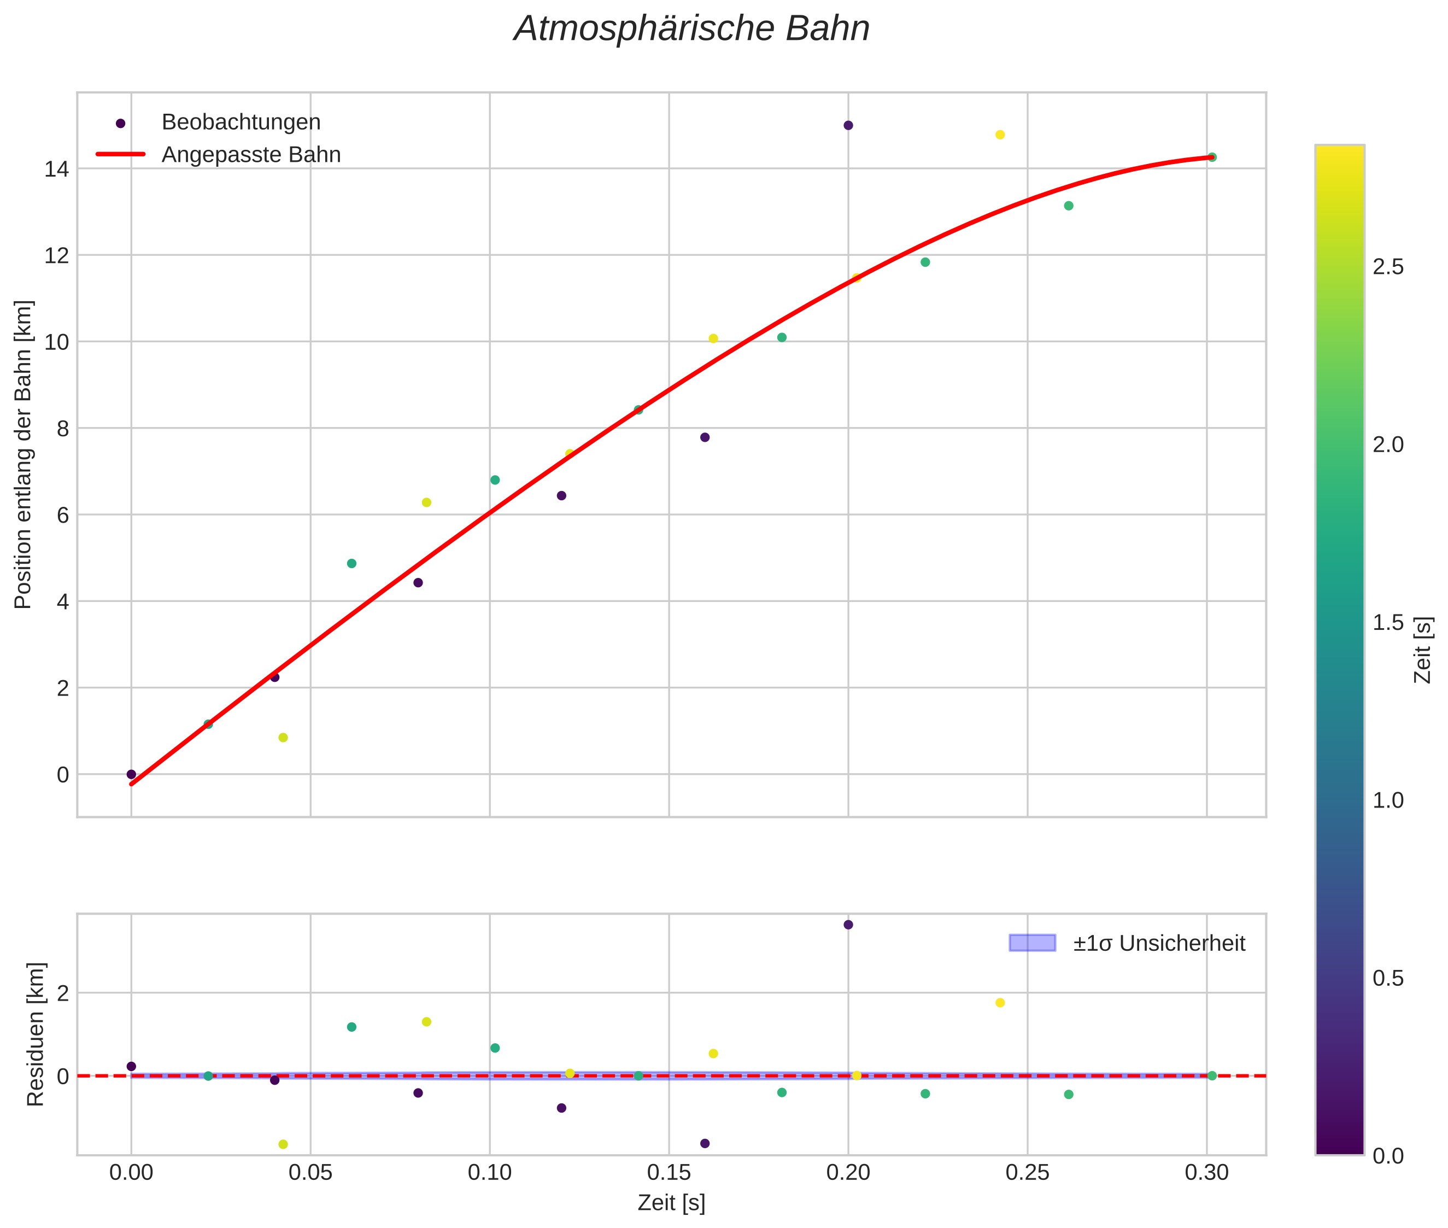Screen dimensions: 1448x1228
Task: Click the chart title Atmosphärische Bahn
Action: pos(691,29)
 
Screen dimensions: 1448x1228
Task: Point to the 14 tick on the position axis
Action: pos(57,169)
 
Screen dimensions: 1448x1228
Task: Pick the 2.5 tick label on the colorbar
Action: pos(1387,267)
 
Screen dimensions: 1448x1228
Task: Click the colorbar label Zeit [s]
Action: pos(1423,650)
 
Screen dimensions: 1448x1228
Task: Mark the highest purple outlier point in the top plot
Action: pos(847,125)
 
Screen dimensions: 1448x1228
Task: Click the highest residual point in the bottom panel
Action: pos(847,925)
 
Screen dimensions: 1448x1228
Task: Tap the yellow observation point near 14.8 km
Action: pos(1000,135)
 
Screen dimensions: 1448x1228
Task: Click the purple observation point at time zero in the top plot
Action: pos(131,774)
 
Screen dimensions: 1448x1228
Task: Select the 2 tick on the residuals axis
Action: pos(63,993)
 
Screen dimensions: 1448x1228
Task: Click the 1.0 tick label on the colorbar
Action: pos(1387,800)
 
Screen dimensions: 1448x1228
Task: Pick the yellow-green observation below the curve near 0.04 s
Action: pos(283,737)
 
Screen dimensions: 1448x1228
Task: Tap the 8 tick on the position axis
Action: pos(63,429)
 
